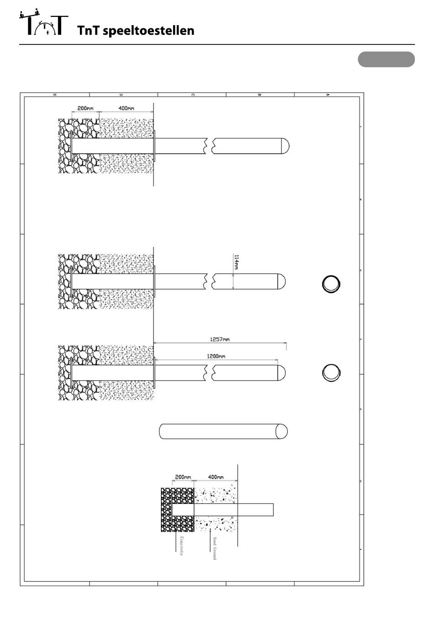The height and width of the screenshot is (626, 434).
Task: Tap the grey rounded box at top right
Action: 386,59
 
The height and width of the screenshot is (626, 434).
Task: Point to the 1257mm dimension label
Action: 220,339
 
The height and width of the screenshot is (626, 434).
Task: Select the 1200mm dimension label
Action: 216,356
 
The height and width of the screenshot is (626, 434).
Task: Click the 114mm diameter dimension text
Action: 236,262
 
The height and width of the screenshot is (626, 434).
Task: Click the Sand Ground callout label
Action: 214,548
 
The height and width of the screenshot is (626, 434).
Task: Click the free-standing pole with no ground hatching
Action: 223,431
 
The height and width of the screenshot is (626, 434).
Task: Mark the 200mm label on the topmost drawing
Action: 85,108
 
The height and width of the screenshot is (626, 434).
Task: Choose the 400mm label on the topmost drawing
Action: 126,108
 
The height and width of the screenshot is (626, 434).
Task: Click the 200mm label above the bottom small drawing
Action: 183,477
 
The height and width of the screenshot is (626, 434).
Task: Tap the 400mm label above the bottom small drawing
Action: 216,477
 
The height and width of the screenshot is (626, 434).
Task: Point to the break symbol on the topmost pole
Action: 209,146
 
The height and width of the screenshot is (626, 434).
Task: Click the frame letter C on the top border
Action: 193,95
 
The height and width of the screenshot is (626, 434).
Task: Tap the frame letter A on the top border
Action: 328,95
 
